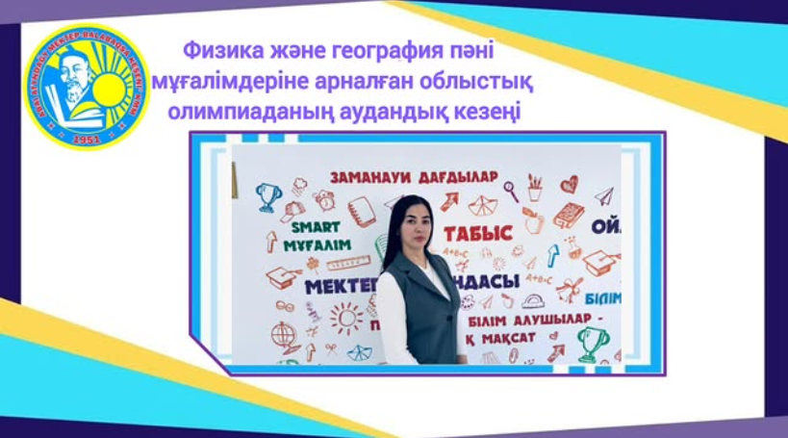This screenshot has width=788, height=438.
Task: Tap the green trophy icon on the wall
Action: [591, 340]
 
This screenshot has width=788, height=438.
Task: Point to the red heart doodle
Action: [570, 183]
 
